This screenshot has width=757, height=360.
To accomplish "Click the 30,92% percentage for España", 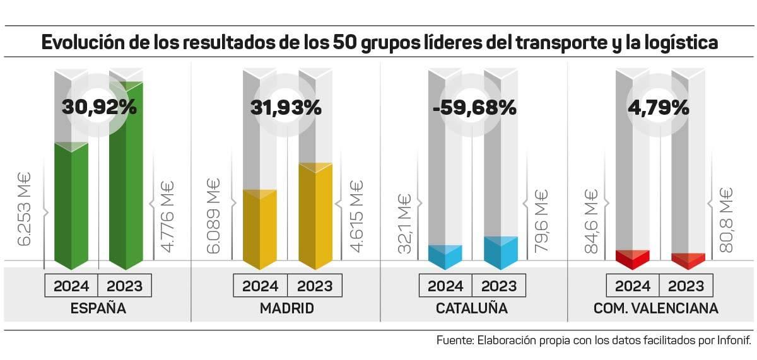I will pyautogui.click(x=99, y=107).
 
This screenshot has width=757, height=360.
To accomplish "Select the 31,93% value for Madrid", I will pyautogui.click(x=286, y=107).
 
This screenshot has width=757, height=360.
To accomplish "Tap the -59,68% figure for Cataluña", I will pyautogui.click(x=474, y=107).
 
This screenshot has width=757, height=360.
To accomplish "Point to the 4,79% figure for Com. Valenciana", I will pyautogui.click(x=658, y=107).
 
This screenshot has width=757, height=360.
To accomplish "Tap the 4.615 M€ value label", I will pyautogui.click(x=356, y=216).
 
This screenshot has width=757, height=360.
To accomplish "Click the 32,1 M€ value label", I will pyautogui.click(x=404, y=224).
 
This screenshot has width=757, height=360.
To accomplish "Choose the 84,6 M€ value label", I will pyautogui.click(x=590, y=221).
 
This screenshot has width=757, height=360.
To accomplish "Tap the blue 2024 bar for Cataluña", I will pyautogui.click(x=445, y=254).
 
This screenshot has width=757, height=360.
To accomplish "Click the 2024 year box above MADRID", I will pyautogui.click(x=260, y=286).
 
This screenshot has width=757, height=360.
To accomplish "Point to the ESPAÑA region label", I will pyautogui.click(x=98, y=309).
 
